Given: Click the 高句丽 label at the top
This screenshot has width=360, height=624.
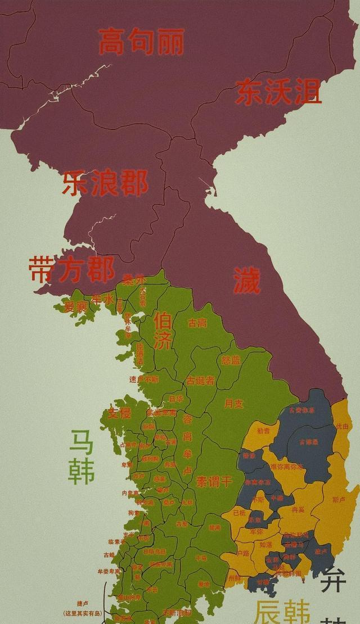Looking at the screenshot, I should pyautogui.click(x=141, y=42).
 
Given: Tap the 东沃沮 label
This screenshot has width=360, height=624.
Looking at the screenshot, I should pyautogui.click(x=278, y=92).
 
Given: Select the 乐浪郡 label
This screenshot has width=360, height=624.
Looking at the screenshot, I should pyautogui.click(x=105, y=183).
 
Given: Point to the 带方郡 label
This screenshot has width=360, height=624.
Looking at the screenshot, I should pyautogui.click(x=71, y=269).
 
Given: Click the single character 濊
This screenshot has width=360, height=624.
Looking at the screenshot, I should pyautogui.click(x=247, y=281).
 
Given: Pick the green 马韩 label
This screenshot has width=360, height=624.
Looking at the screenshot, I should pyautogui.click(x=82, y=457).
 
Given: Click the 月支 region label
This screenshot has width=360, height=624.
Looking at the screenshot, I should pyautogui.click(x=233, y=404).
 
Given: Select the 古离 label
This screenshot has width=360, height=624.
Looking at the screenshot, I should pyautogui.click(x=197, y=323).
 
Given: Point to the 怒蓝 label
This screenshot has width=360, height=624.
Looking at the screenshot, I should pyautogui.click(x=231, y=360).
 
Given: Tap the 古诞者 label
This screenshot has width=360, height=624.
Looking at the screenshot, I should pyautogui.click(x=200, y=381).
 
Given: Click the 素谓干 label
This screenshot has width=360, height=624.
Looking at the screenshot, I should pyautogui.click(x=213, y=482).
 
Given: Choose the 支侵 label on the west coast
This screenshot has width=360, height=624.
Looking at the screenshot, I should pyautogui.click(x=119, y=413).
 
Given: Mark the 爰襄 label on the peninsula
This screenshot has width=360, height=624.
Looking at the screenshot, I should pyautogui.click(x=75, y=307).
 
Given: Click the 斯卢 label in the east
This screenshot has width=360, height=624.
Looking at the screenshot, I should pyautogui.click(x=339, y=499).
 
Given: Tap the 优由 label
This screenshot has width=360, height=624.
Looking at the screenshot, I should pyautogui.click(x=343, y=427).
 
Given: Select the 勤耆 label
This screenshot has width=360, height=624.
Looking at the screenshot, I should pyautogui.click(x=263, y=431).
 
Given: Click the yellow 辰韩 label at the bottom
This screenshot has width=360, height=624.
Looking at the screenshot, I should pyautogui.click(x=281, y=612).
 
